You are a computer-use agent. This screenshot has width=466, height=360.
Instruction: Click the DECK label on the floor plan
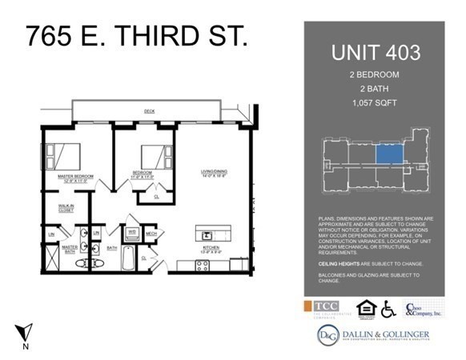pyautogui.click(x=149, y=110)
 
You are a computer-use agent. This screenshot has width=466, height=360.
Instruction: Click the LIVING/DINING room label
pyautogui.click(x=215, y=172)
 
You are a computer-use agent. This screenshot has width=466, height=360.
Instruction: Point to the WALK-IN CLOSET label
pyautogui.click(x=66, y=210)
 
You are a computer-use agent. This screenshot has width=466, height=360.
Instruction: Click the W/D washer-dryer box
pyautogui.click(x=132, y=233)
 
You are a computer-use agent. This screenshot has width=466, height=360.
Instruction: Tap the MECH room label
pyautogui.click(x=151, y=234)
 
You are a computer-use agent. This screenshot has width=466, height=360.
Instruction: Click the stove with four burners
pyautogui.click(x=203, y=265)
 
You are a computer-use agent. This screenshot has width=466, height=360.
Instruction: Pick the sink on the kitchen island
pyautogui.click(x=207, y=236)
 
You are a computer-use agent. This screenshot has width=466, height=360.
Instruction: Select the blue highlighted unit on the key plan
pyautogui.click(x=389, y=154)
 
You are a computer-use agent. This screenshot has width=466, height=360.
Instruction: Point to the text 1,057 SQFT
pyautogui.click(x=374, y=103)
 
